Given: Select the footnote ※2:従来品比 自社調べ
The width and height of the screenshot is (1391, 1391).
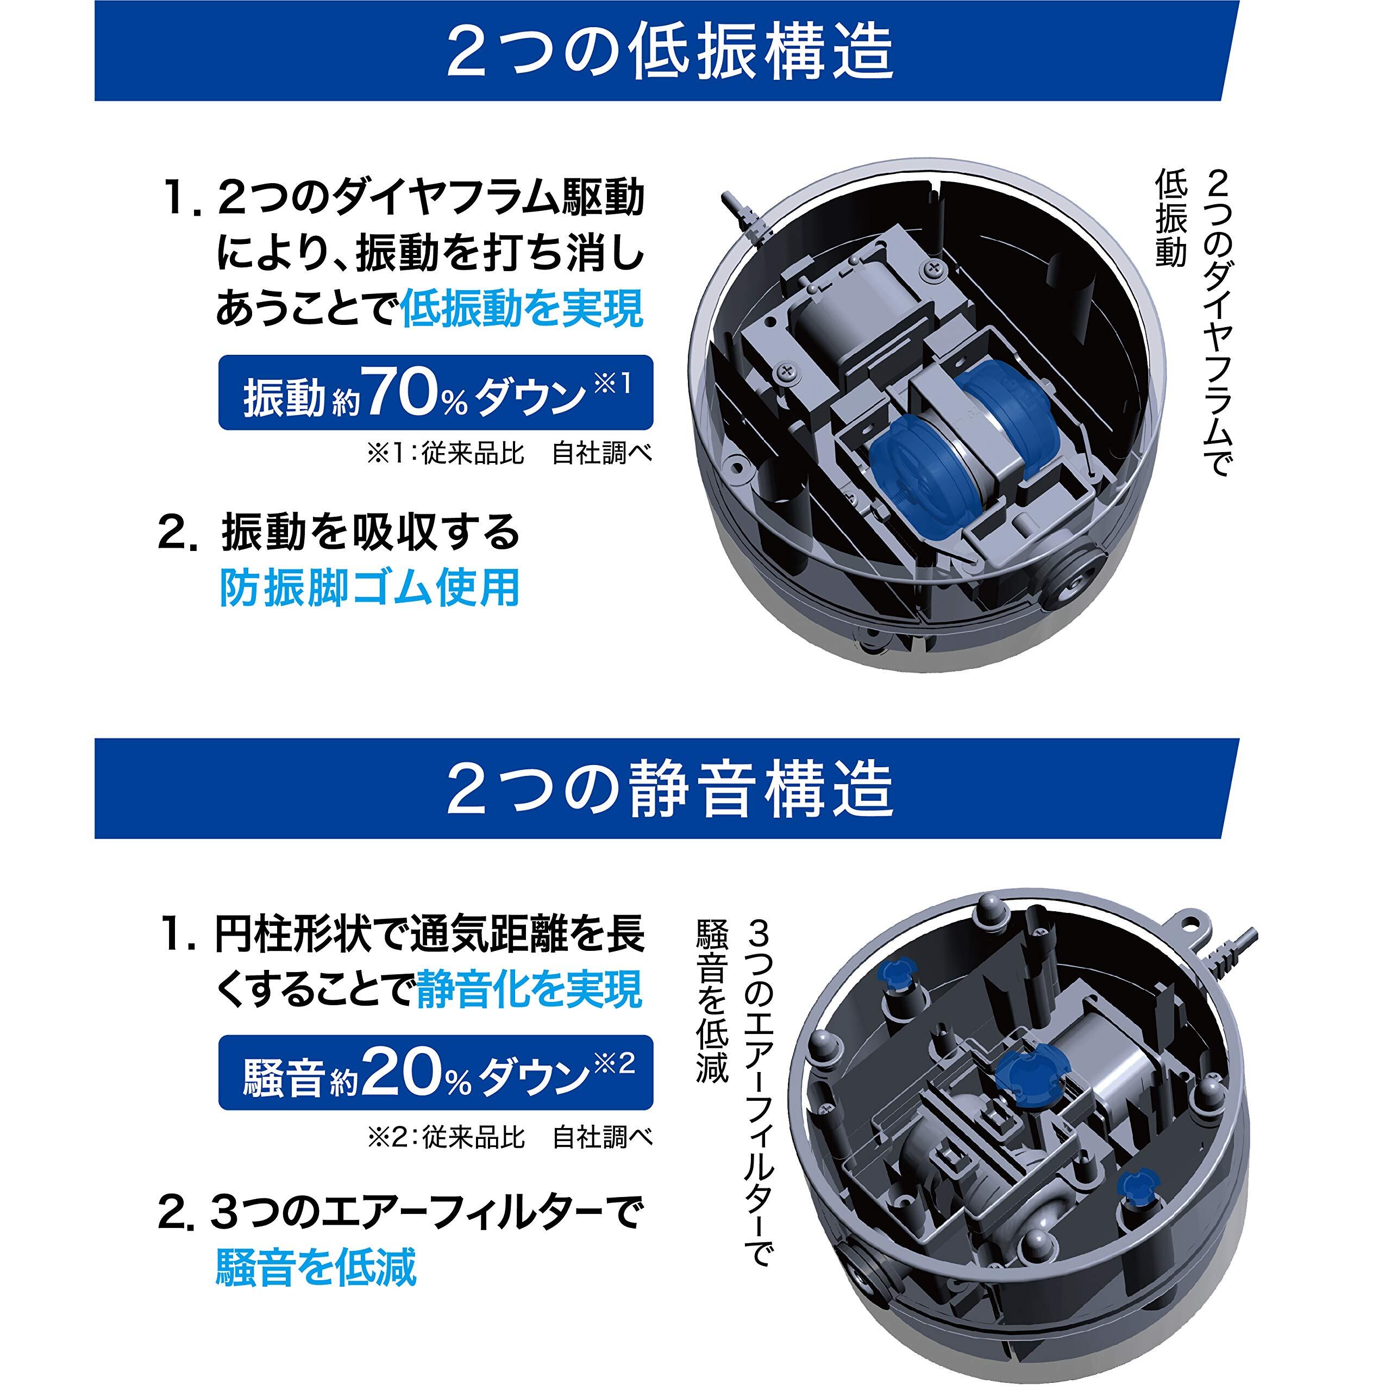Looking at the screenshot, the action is [x=509, y=1138].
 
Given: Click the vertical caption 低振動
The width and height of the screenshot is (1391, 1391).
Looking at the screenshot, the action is [x=1170, y=219].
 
